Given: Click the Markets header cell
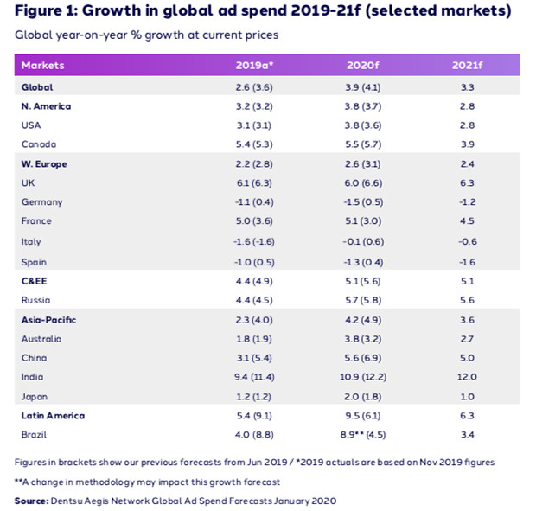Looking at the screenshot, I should (43, 66).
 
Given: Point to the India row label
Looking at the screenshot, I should (31, 377).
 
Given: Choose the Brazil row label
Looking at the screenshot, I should (33, 435).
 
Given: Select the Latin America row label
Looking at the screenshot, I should (53, 416).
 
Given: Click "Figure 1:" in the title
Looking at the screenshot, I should (51, 12).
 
